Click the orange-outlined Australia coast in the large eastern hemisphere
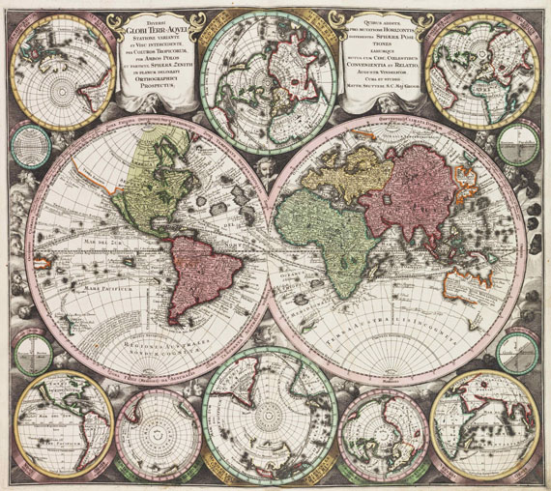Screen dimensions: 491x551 point(454,280)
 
